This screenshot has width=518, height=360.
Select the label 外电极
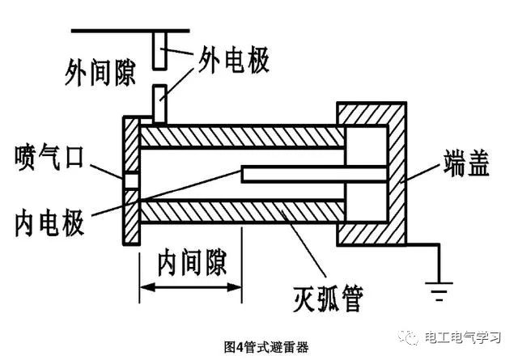(x=234, y=60)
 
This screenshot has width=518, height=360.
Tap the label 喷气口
(x=49, y=157)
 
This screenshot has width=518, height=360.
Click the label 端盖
(x=466, y=163)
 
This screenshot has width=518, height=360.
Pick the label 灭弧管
(x=328, y=299)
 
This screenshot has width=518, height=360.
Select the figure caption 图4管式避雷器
(x=266, y=347)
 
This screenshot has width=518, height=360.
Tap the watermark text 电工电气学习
(x=463, y=337)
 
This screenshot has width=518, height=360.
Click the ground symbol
(x=439, y=291)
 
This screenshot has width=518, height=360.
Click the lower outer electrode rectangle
(x=160, y=104)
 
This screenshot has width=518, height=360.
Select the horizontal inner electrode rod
(x=314, y=175)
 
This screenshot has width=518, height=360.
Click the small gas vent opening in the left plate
(x=131, y=181)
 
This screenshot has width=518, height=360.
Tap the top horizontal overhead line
(x=130, y=31)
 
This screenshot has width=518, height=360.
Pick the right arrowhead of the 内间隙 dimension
(x=235, y=287)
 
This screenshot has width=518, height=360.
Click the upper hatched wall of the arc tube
(x=242, y=137)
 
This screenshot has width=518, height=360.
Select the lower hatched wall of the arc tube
(x=242, y=212)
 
